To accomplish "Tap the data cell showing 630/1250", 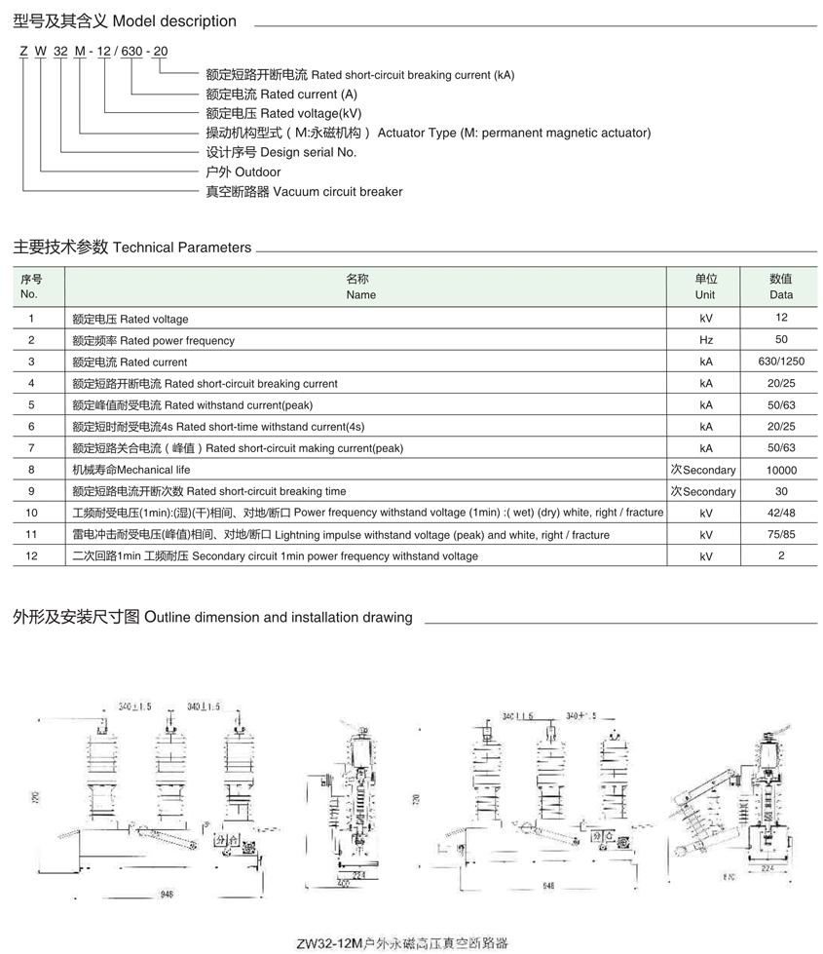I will [780, 362].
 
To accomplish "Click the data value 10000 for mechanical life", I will [780, 470].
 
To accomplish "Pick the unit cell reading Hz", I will [705, 340].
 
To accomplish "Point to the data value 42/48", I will [780, 513].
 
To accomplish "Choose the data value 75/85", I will [780, 534].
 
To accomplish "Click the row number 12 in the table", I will [31, 555].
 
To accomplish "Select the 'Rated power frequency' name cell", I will [154, 340].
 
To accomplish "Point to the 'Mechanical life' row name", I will [131, 470].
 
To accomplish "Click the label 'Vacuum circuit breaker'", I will [304, 192].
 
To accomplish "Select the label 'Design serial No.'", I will [281, 152].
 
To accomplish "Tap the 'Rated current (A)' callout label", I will [282, 95].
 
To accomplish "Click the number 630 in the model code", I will [131, 51].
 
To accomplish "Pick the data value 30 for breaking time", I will [780, 491].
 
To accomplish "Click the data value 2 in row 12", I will [780, 555].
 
